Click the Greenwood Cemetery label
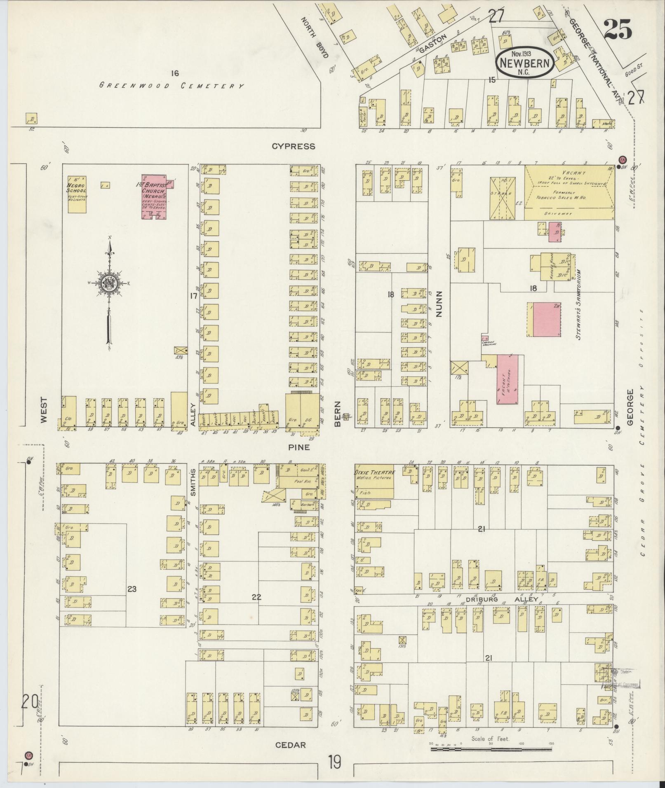click(172, 86)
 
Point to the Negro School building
click(77, 195)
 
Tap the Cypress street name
click(293, 146)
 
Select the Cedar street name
click(290, 745)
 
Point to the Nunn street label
click(438, 304)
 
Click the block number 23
click(132, 589)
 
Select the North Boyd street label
click(316, 37)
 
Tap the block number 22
click(256, 597)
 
